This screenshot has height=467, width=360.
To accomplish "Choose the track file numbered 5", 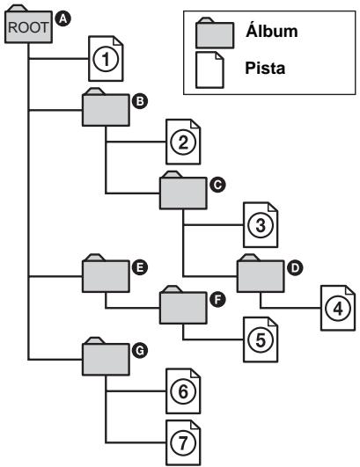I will pos(258,334).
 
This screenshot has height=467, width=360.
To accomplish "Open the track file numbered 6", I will pos(180,391).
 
